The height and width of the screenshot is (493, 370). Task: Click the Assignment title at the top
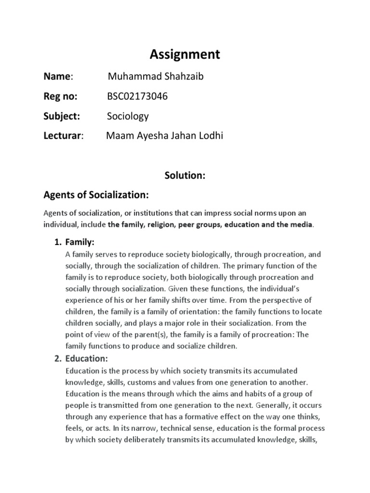(185, 55)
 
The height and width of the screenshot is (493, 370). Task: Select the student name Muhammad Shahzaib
(149, 77)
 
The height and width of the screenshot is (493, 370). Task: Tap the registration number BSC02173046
(137, 96)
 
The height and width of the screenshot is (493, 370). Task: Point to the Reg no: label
(60, 96)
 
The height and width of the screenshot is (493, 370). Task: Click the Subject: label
(62, 116)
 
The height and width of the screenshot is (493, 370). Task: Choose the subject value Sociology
(128, 116)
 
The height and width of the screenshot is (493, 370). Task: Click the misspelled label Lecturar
(63, 136)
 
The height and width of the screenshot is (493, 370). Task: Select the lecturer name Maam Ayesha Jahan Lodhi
(164, 136)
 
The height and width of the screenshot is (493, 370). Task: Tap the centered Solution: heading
(185, 176)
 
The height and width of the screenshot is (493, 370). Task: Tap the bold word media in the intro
(302, 224)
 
